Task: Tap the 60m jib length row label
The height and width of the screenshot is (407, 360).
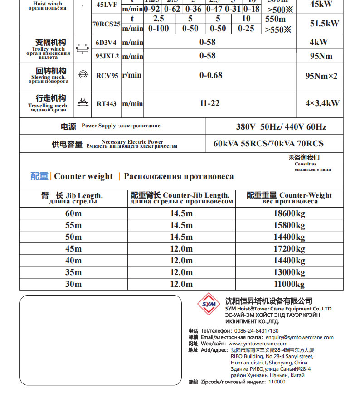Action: pos(73,213)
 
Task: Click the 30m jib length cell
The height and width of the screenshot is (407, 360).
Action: pos(73,284)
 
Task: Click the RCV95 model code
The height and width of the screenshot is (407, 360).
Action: pos(107,76)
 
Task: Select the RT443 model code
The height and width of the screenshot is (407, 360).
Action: pos(107,104)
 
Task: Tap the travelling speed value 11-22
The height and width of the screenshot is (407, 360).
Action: pos(209,103)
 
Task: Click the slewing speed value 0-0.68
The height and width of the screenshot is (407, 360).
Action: pos(211,75)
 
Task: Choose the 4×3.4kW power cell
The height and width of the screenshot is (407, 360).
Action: pos(322,103)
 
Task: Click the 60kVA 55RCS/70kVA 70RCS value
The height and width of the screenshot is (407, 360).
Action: pos(268,144)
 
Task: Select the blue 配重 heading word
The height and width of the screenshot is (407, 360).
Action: pos(39,176)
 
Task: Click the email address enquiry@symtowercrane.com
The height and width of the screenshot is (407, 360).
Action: pos(300,337)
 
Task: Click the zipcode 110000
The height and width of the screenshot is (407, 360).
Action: pos(277,382)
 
